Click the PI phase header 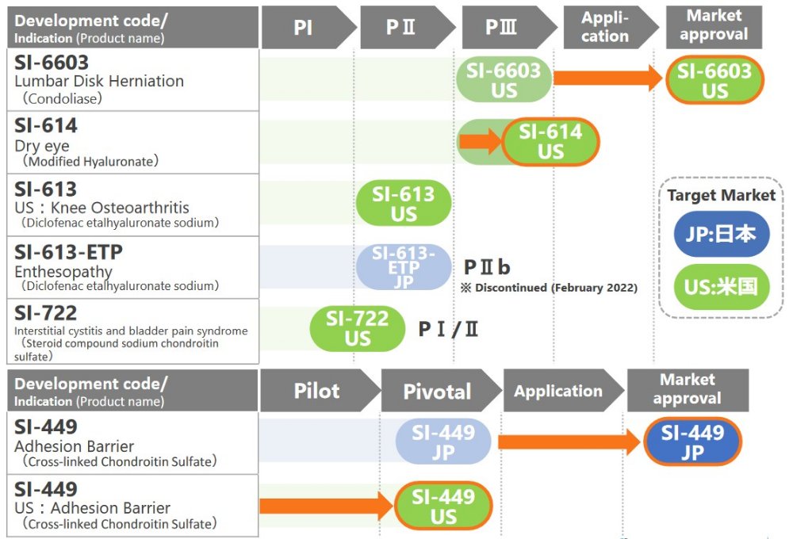(304, 28)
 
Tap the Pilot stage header (317, 391)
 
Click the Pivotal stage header (437, 391)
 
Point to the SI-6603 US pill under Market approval (714, 81)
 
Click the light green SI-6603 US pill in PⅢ (503, 80)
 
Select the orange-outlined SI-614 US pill (550, 142)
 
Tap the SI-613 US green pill (404, 204)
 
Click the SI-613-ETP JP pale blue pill (404, 267)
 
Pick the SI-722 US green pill (358, 328)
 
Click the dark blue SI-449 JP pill (692, 443)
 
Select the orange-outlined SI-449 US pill (443, 507)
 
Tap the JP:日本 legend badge (722, 235)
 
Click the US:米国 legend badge (722, 286)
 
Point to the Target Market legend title (721, 195)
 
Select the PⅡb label (486, 266)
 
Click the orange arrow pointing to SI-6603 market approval (607, 78)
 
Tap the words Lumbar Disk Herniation (99, 81)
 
